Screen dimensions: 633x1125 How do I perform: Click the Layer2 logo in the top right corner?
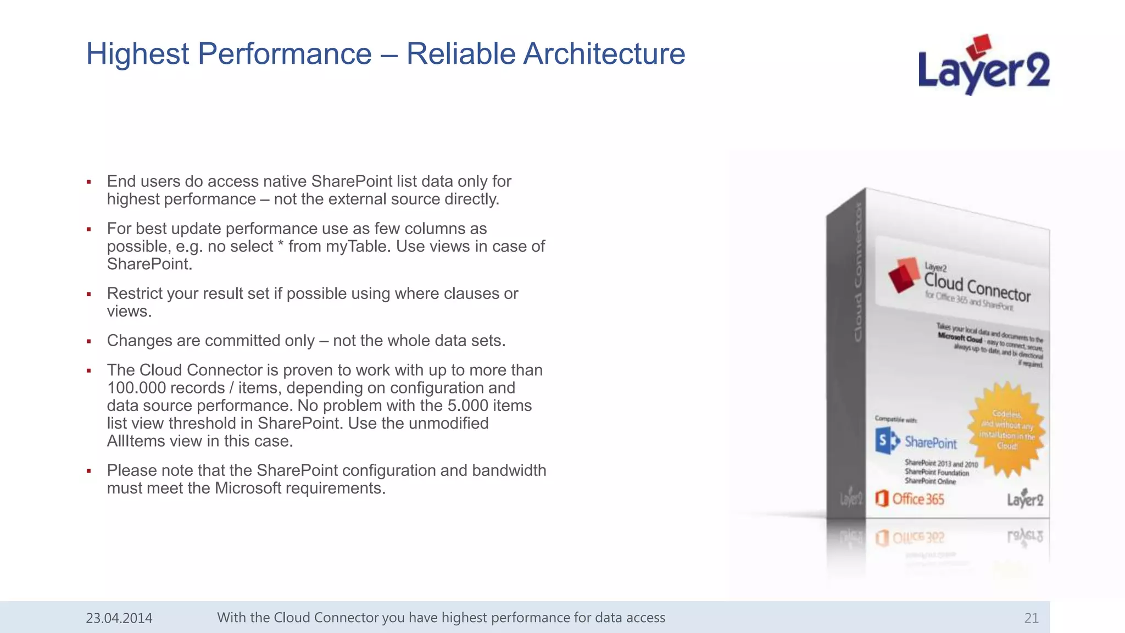click(983, 66)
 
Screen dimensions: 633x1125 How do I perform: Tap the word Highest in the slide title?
click(138, 54)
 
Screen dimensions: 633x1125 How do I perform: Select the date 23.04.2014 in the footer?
click(119, 618)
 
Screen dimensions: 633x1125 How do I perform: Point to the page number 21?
click(1031, 618)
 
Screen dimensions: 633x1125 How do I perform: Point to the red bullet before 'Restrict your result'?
click(88, 295)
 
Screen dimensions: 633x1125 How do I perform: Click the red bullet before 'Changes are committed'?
click(88, 342)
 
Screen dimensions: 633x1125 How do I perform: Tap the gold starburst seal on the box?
click(1007, 430)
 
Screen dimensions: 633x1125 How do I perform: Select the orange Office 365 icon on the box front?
click(882, 498)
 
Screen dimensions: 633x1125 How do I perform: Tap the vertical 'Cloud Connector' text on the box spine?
click(858, 272)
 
